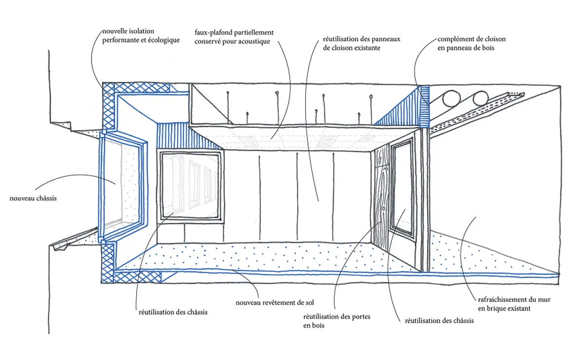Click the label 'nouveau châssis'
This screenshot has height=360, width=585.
click(x=33, y=199)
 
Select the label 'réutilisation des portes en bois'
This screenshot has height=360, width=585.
click(x=336, y=321)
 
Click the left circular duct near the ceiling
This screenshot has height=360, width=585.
click(x=451, y=100)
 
